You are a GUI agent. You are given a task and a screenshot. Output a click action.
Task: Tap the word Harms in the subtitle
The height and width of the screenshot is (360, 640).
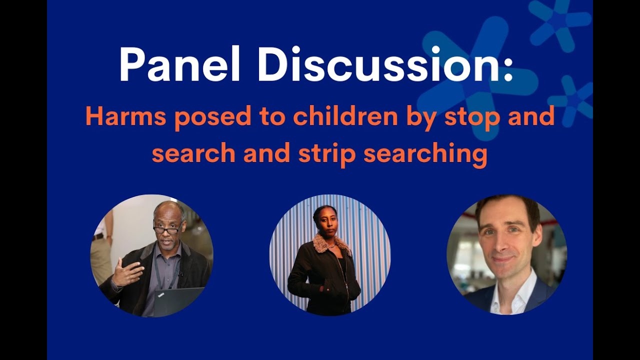(x=128, y=116)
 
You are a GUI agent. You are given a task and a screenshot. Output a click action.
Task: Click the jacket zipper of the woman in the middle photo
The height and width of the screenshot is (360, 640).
(x=343, y=280)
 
